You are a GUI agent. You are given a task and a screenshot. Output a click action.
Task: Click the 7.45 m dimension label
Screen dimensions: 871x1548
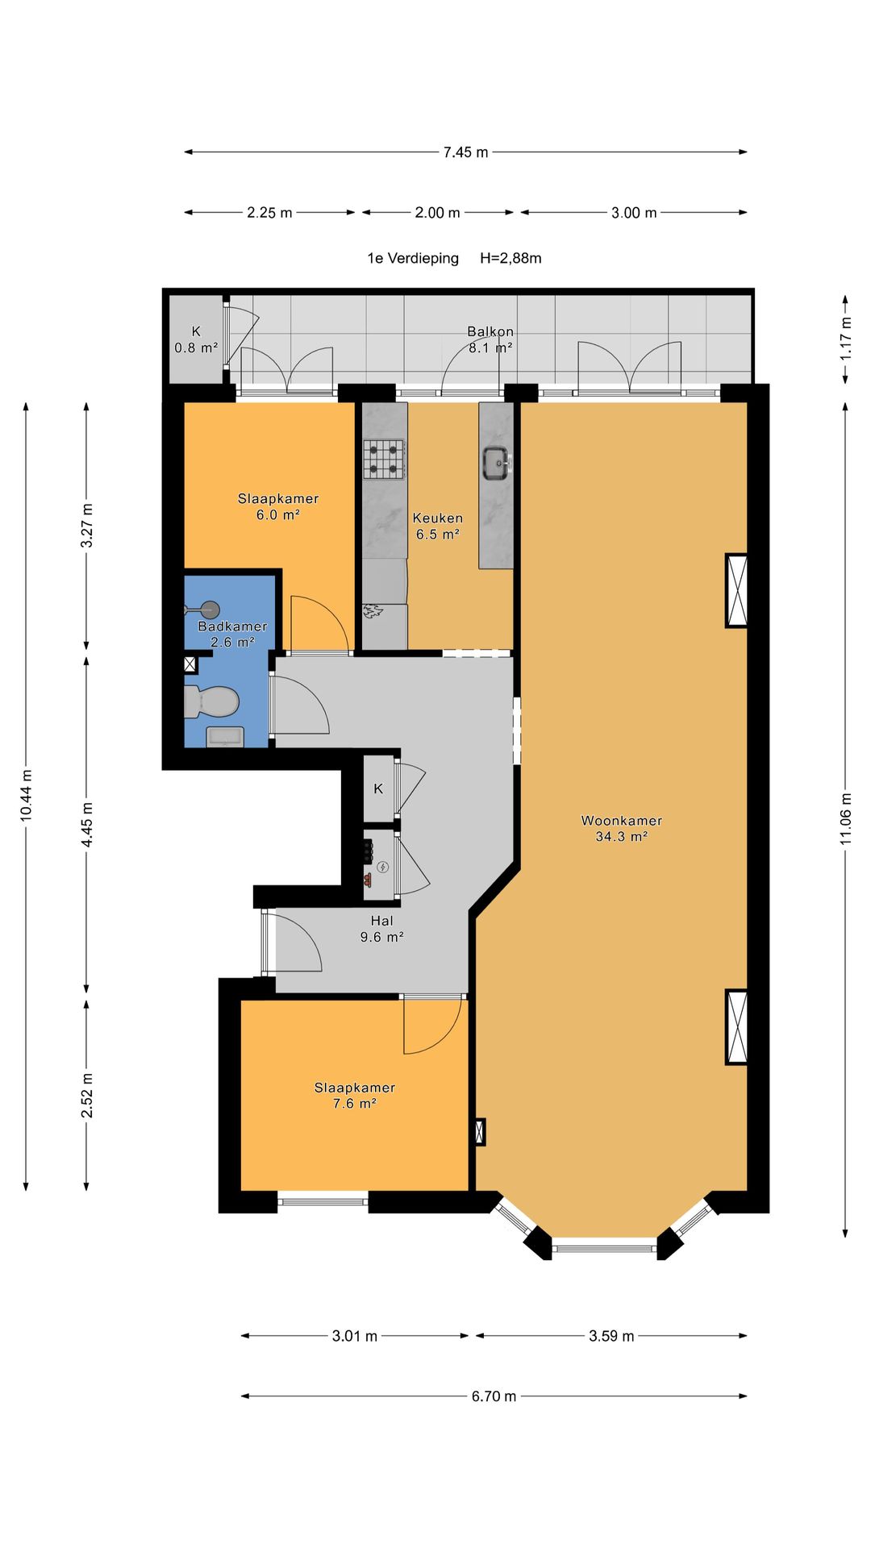tap(465, 152)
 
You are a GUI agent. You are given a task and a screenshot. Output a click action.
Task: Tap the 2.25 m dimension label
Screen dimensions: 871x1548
tap(269, 213)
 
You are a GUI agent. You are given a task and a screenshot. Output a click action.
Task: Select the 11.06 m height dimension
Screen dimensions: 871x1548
tap(845, 819)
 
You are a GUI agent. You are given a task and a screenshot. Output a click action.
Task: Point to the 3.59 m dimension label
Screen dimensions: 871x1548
tap(611, 1336)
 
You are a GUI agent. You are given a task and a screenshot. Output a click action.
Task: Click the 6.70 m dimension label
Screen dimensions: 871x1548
tap(494, 1396)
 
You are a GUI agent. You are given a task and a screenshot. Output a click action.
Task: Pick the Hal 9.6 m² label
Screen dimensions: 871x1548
tap(381, 929)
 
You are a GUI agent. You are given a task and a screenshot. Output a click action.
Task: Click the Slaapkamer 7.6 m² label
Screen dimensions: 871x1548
tap(355, 1095)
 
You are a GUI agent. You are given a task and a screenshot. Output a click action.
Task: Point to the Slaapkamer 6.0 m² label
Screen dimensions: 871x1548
tap(278, 506)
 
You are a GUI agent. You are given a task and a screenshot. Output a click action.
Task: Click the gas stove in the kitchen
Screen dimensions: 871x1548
tap(383, 460)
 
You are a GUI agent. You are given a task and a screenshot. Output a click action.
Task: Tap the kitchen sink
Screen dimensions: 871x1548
tap(496, 463)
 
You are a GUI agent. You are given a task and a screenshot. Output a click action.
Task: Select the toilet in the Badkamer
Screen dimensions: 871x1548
tap(211, 701)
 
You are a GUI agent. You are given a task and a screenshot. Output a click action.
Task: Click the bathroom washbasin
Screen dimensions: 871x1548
tap(226, 737)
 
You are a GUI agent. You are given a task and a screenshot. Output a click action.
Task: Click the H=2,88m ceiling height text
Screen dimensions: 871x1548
tap(511, 259)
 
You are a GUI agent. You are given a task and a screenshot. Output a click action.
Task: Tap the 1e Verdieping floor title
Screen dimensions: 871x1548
tap(413, 259)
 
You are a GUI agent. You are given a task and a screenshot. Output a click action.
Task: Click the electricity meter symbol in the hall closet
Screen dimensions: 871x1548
tap(383, 868)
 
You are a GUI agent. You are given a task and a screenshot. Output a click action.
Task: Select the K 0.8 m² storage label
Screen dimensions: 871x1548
tap(196, 339)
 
